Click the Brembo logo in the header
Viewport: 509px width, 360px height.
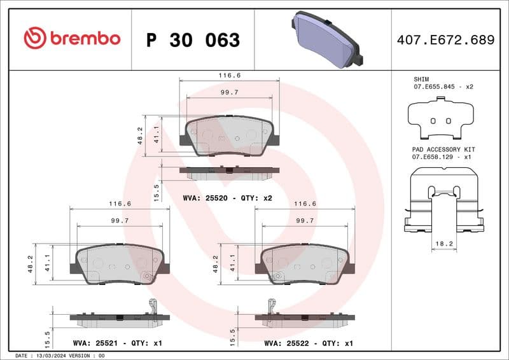click(72, 38)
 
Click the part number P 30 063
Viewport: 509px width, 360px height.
click(193, 40)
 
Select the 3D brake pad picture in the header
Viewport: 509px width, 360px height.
click(324, 39)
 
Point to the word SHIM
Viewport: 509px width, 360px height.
click(421, 79)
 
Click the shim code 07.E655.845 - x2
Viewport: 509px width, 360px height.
click(443, 86)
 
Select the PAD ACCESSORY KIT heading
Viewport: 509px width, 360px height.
click(443, 149)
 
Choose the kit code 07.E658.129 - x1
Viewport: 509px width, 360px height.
click(441, 156)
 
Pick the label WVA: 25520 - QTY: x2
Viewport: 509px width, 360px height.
click(227, 198)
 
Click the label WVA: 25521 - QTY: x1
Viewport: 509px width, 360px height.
click(118, 343)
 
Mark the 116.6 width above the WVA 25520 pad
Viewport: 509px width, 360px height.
click(230, 75)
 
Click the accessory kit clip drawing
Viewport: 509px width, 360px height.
click(443, 200)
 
